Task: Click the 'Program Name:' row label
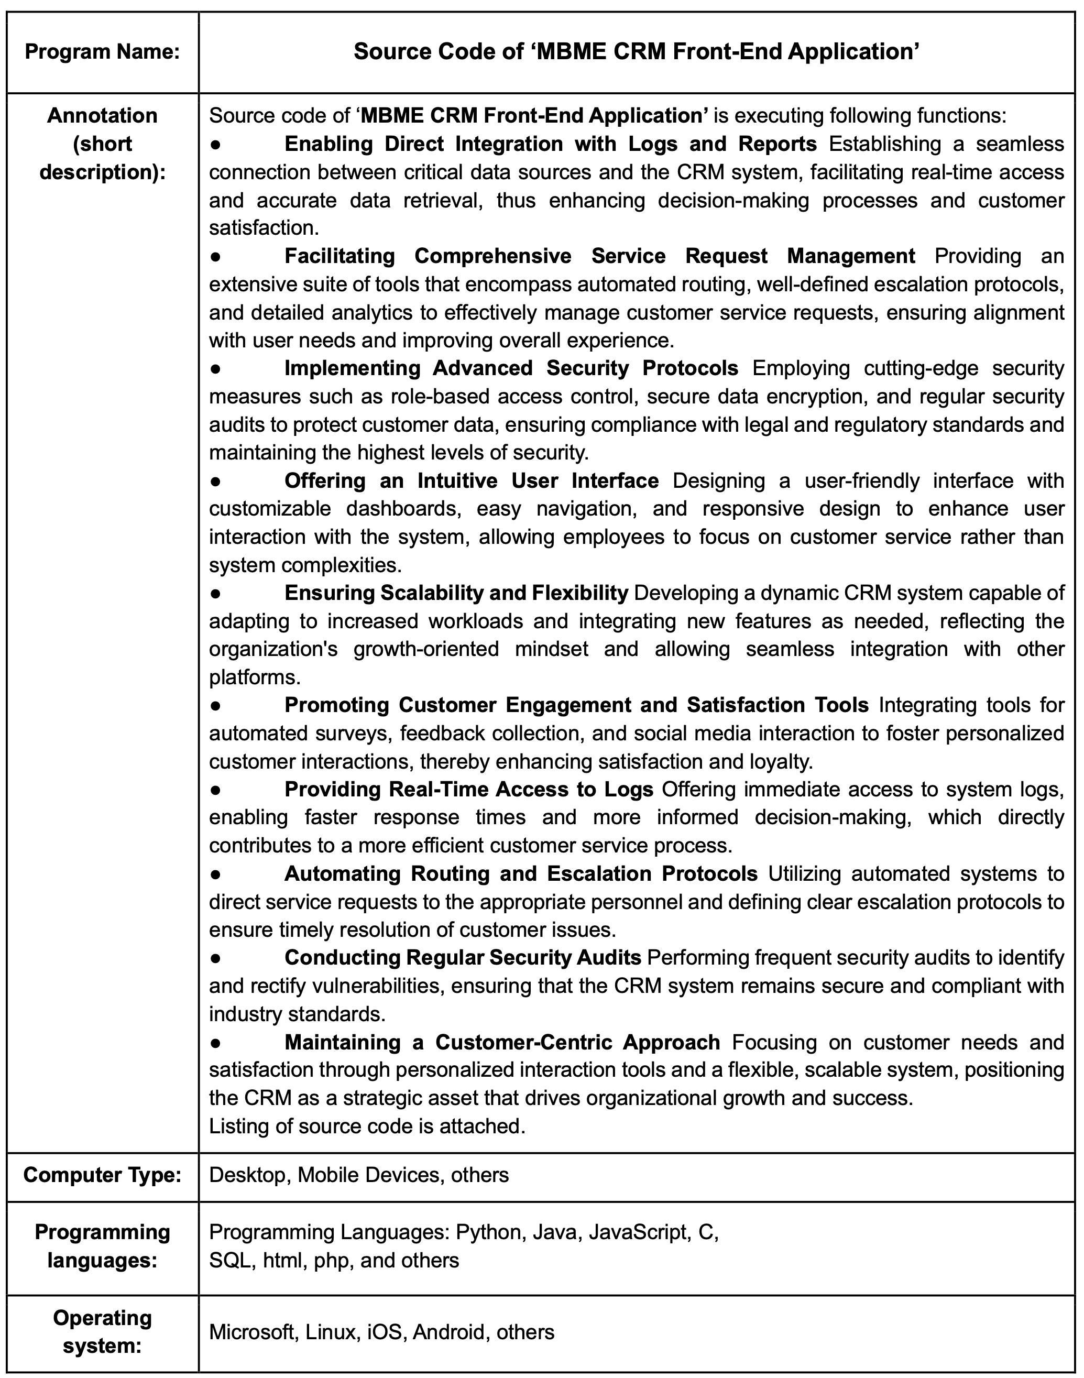[102, 52]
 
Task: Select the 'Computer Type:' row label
[102, 1175]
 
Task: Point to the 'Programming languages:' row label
[102, 1245]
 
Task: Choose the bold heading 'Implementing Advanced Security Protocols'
[511, 368]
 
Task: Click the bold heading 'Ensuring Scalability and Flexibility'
[456, 593]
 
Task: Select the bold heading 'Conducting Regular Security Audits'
[463, 958]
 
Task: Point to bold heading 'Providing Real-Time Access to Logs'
[468, 790]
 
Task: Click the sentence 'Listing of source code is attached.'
[367, 1127]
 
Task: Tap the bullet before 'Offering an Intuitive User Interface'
[216, 481]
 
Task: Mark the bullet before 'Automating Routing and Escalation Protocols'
[216, 874]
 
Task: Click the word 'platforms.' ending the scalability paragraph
[255, 677]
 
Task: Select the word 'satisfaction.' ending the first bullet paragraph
[264, 228]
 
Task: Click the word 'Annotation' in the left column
[102, 115]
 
